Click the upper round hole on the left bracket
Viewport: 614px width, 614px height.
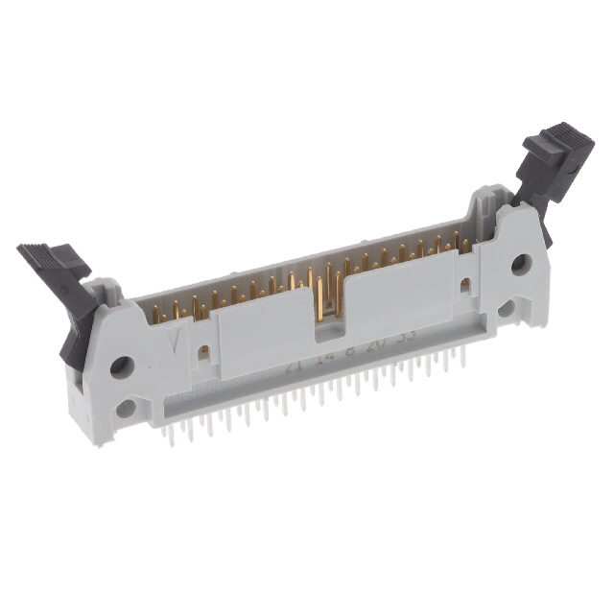tap(121, 366)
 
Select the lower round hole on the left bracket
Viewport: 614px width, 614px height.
tap(125, 409)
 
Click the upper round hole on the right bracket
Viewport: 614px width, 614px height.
tap(521, 264)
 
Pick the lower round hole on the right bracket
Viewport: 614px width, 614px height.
tap(507, 308)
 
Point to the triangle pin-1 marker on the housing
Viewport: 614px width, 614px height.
tap(174, 339)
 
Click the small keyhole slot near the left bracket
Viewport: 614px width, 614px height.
tap(203, 352)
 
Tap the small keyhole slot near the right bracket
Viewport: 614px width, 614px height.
tap(465, 285)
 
